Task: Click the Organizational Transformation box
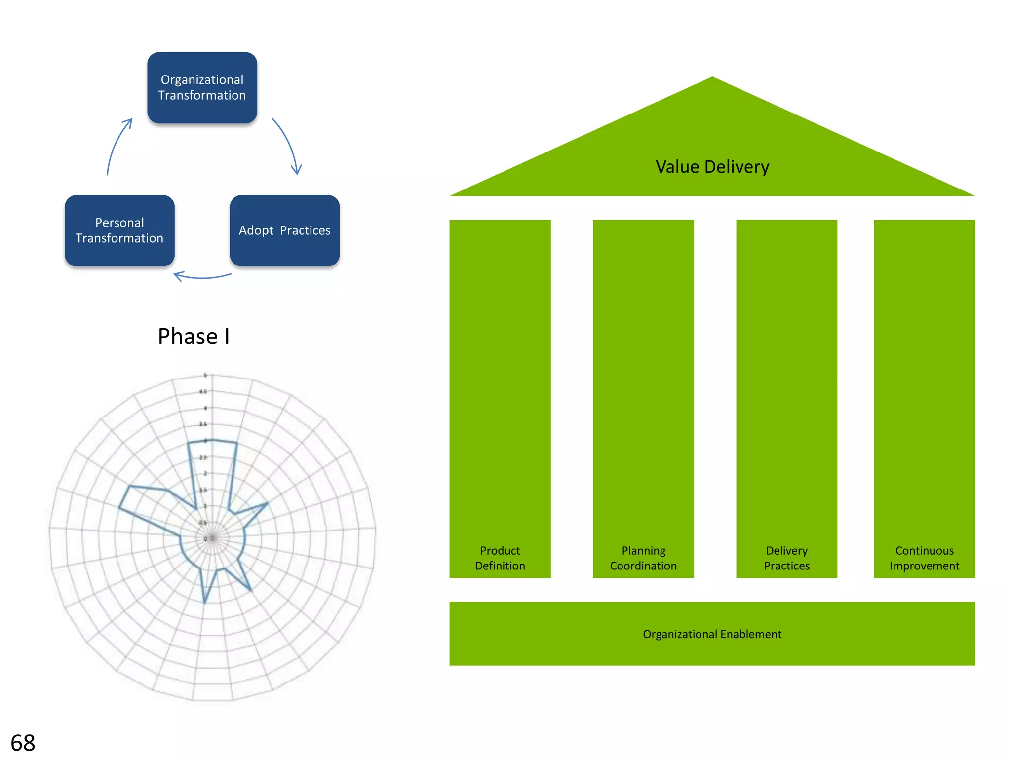tap(202, 87)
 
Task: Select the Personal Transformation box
tap(119, 230)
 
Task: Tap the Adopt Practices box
tap(284, 230)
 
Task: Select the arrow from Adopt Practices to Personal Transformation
tap(202, 277)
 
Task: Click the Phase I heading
tap(194, 337)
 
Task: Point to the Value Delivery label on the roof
tap(712, 167)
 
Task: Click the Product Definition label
tap(500, 558)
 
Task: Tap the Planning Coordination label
tap(643, 558)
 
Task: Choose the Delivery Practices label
tap(786, 558)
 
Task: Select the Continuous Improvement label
tap(924, 558)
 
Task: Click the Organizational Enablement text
tap(712, 634)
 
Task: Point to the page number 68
tap(23, 743)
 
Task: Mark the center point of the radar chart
tap(212, 538)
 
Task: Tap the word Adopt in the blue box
tap(256, 230)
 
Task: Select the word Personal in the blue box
tap(119, 223)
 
